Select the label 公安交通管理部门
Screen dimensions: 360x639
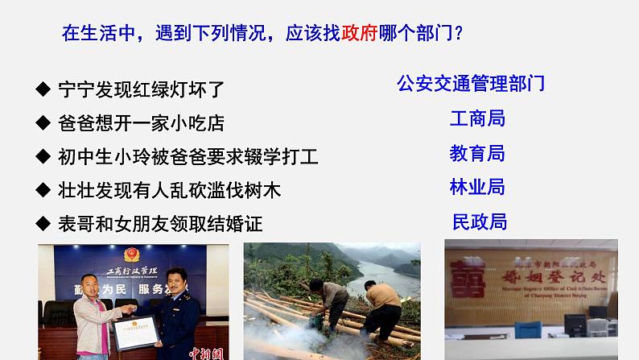(471, 83)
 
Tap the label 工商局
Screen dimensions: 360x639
(477, 119)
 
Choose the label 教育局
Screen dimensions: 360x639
(477, 153)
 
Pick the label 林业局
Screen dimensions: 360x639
(477, 187)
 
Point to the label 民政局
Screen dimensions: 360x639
(480, 221)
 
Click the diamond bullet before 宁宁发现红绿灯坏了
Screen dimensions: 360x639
(43, 89)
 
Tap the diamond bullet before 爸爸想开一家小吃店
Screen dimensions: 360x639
(43, 124)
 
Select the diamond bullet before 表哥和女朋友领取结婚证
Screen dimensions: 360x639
(43, 223)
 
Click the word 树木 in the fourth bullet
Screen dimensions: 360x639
(262, 190)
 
